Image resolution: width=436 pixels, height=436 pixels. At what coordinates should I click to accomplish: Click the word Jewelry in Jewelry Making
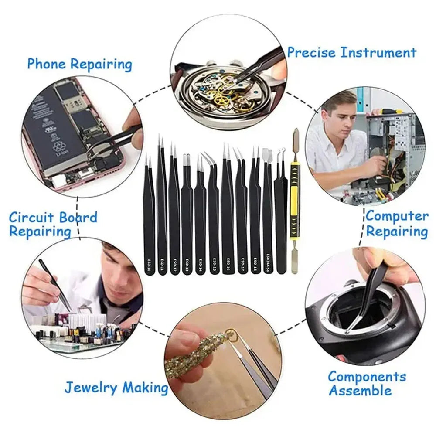(x=92, y=387)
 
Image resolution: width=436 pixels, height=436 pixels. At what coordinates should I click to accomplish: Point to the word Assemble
(x=360, y=391)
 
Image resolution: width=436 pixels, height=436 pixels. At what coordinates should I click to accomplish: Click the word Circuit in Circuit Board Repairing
(x=31, y=217)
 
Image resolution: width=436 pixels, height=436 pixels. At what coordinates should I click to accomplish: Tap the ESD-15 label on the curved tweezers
(x=214, y=264)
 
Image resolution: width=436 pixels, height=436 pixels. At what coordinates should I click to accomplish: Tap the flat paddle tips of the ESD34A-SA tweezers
(x=267, y=155)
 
